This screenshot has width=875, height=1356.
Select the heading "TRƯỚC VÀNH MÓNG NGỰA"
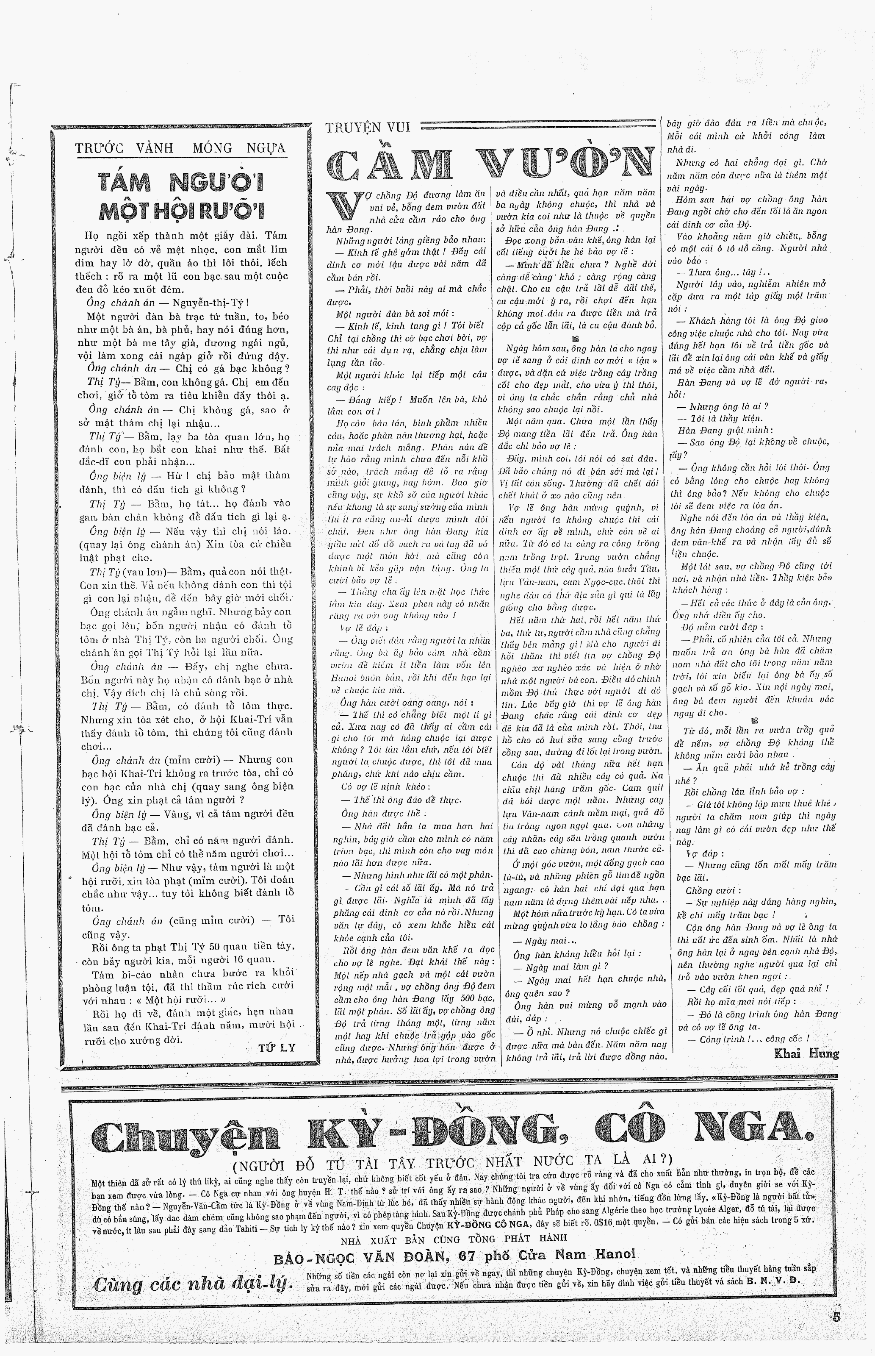(181, 148)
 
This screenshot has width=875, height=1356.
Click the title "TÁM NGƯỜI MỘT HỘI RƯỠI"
(181, 197)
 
